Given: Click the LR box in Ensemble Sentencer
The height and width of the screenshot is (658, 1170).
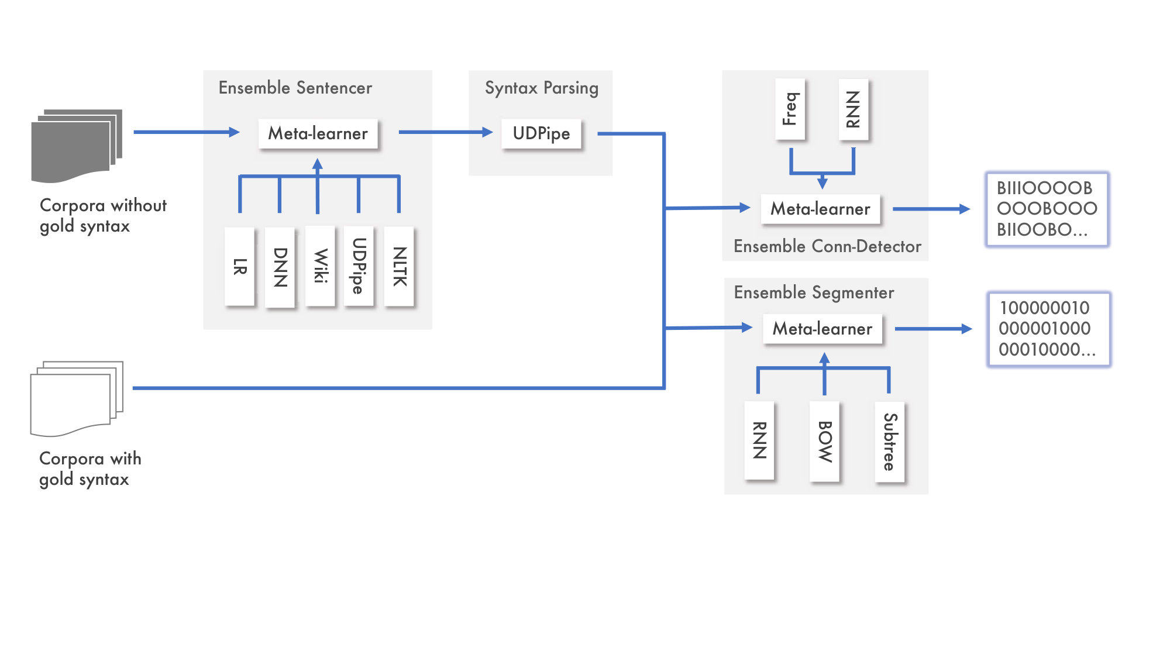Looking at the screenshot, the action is (x=240, y=266).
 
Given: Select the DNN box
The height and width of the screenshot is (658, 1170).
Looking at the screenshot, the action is (x=280, y=267).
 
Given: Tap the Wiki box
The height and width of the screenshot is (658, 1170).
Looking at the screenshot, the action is (x=320, y=266).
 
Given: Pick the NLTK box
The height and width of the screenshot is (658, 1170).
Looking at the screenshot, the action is (x=400, y=266).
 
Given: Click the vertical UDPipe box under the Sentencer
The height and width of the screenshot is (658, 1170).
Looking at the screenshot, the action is (x=359, y=266).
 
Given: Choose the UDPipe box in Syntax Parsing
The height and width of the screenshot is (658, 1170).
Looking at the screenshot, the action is (x=542, y=134).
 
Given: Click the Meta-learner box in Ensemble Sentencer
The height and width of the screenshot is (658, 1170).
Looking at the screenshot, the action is (x=318, y=134).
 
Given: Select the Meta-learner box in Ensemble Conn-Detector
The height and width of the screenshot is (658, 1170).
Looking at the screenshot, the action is (x=821, y=209).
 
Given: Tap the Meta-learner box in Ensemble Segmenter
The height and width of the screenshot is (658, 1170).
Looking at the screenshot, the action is (x=823, y=329).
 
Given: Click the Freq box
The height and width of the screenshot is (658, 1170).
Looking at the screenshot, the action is (x=790, y=109).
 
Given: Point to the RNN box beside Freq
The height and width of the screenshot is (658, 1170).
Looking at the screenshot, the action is (x=854, y=109).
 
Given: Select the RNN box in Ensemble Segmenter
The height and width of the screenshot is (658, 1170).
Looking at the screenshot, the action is (x=759, y=440).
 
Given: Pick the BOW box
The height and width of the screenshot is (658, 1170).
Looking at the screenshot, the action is (x=825, y=442).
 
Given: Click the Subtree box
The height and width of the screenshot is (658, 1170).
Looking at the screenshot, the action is (x=890, y=442).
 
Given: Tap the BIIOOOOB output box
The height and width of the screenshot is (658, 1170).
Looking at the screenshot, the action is (x=1047, y=209).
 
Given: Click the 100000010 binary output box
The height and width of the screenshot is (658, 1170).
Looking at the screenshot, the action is (x=1049, y=329).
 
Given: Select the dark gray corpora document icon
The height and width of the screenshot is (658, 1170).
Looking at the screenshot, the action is (x=77, y=146).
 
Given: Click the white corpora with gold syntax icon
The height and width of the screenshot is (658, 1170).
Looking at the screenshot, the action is (x=77, y=399).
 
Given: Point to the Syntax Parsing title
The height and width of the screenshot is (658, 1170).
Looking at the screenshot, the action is (x=542, y=88).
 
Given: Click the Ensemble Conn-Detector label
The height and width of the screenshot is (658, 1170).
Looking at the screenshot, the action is (x=827, y=247).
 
